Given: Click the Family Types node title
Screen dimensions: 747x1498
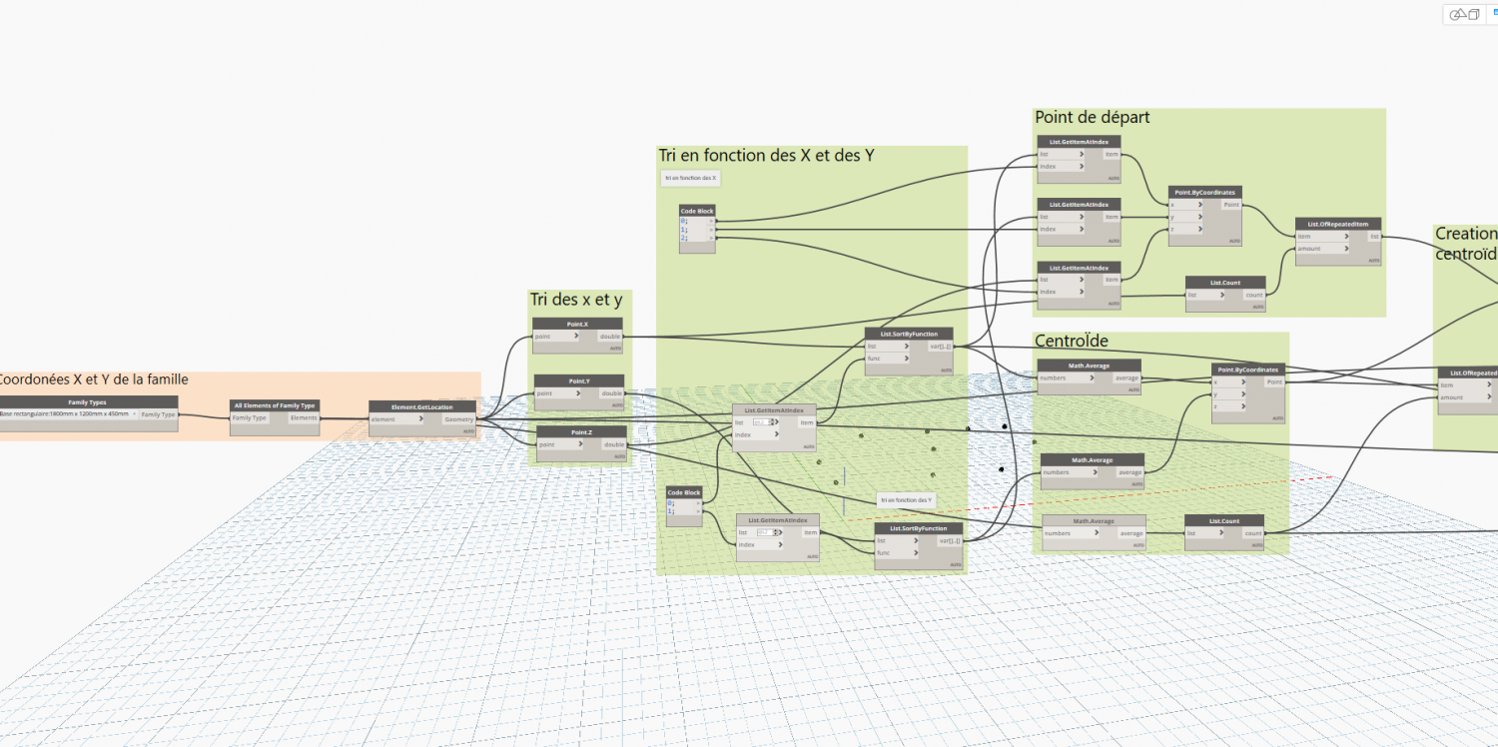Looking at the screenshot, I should coord(87,402).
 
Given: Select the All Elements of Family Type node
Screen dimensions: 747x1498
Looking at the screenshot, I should coord(275,405).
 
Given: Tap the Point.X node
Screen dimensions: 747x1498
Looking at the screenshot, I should coord(577,324).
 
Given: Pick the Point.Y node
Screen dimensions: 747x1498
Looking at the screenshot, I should coord(578,380).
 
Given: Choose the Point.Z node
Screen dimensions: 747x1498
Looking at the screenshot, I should coord(581,431).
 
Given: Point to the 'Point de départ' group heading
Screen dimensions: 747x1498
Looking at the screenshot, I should coord(1092,118).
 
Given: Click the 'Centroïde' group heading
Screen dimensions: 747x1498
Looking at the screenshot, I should coord(1071,342).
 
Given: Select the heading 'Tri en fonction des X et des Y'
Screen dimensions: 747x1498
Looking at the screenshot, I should coord(766,155).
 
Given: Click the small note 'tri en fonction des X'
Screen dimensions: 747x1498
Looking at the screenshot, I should coord(690,178).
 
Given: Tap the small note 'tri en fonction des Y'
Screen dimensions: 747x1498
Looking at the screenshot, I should coord(906,499).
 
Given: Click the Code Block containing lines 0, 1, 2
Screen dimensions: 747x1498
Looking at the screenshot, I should coord(697,212).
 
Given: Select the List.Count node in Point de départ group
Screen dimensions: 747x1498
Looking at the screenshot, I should coord(1224,283).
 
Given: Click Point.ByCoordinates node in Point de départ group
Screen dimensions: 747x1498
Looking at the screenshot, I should coord(1205,192).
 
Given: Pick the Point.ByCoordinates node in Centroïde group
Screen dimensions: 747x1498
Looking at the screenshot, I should coord(1248,370).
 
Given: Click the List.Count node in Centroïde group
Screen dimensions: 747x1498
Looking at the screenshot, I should coord(1223,520).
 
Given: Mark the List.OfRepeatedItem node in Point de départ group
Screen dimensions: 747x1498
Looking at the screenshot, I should coord(1338,224).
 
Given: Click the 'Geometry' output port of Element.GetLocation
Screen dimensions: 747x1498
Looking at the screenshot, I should coord(459,419).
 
